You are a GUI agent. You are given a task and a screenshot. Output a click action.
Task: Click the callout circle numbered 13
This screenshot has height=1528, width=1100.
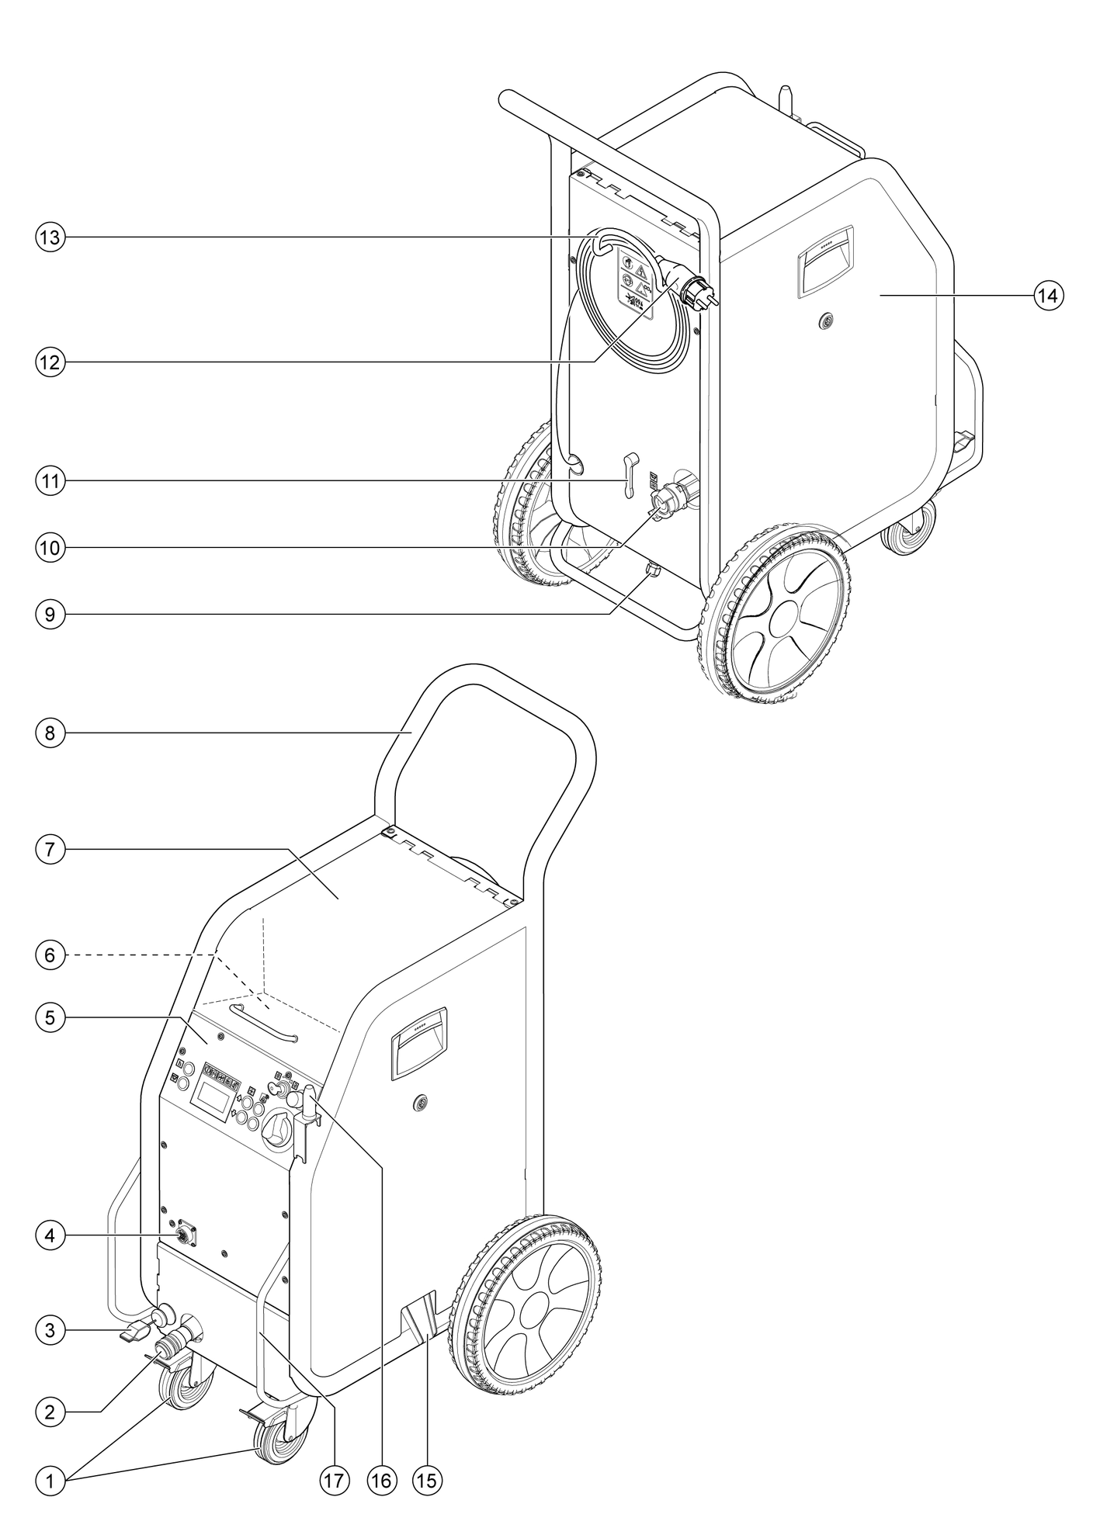pos(50,237)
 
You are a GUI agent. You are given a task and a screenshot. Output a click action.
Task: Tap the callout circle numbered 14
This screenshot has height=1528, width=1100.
pos(1049,295)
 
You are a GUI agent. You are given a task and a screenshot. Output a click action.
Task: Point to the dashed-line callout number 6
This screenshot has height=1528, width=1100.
pos(50,955)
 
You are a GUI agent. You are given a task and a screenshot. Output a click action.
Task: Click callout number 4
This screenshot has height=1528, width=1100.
pos(50,1235)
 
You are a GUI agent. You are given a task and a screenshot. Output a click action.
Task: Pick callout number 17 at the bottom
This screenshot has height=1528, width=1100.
pos(333,1480)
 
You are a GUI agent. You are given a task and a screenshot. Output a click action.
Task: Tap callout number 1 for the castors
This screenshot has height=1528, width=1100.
pos(50,1480)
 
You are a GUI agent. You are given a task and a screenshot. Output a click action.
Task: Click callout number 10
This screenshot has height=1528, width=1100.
pos(50,547)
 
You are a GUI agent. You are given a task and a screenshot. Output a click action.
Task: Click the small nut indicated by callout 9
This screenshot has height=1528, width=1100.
pos(653,570)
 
